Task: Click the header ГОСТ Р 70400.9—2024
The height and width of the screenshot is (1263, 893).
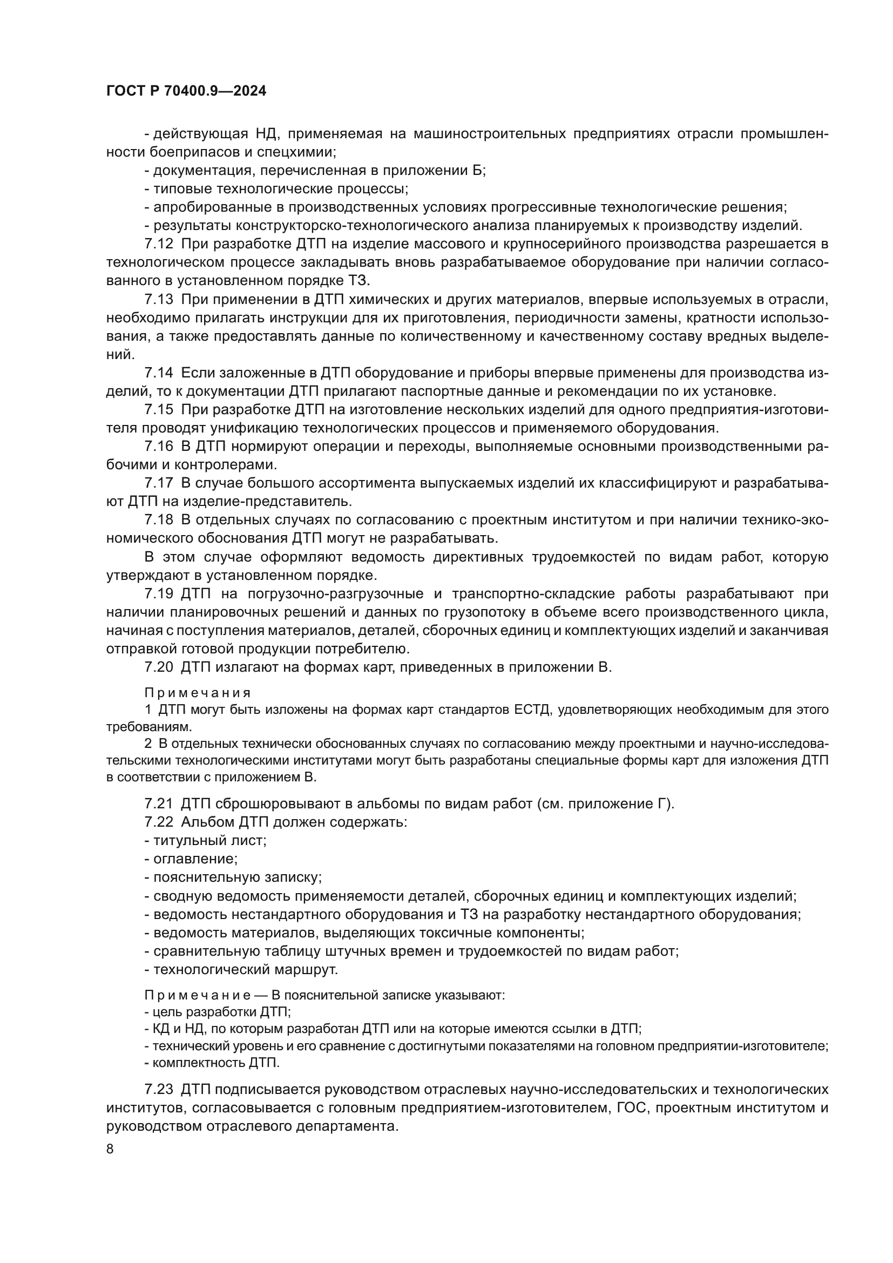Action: point(186,91)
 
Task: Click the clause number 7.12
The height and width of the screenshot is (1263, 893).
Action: point(158,244)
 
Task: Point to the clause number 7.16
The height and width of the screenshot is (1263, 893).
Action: point(158,446)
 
